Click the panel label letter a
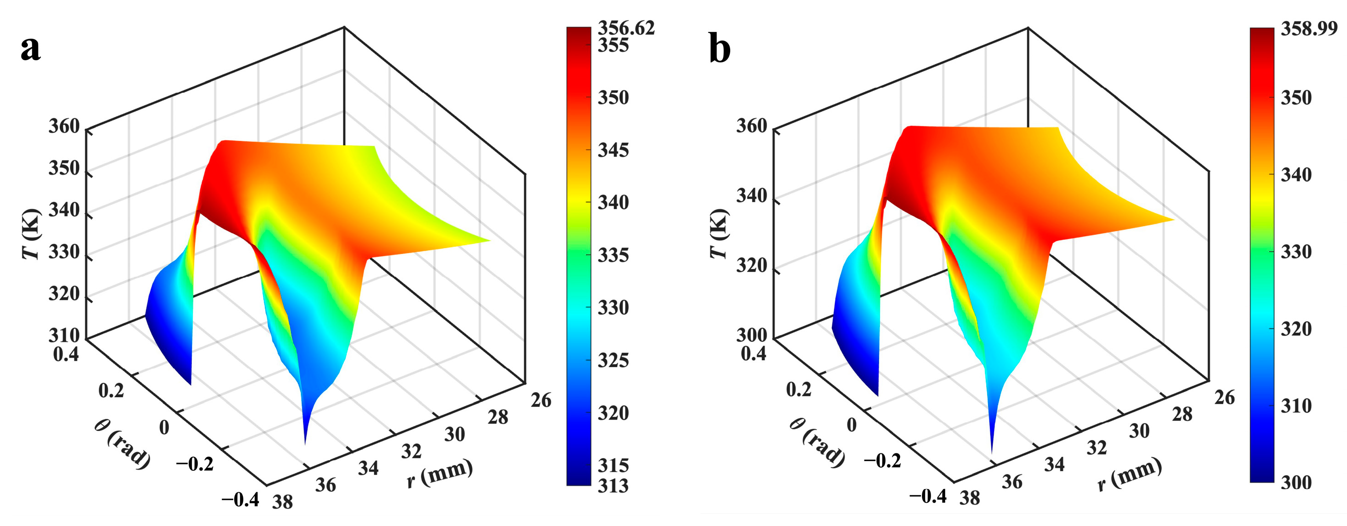click(x=30, y=49)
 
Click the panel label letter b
click(x=720, y=50)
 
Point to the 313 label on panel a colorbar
click(x=613, y=486)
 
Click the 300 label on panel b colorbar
click(x=1296, y=482)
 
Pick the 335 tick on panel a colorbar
click(x=613, y=255)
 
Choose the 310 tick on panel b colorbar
click(x=1296, y=405)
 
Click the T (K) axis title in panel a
click(x=32, y=234)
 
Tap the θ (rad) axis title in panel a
click(x=122, y=444)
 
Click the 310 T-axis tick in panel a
click(x=64, y=335)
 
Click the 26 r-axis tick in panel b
click(x=1224, y=397)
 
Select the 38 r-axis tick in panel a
click(x=282, y=502)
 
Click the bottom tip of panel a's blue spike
click(x=305, y=444)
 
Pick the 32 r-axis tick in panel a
click(x=411, y=451)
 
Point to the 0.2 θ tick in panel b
click(x=799, y=389)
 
